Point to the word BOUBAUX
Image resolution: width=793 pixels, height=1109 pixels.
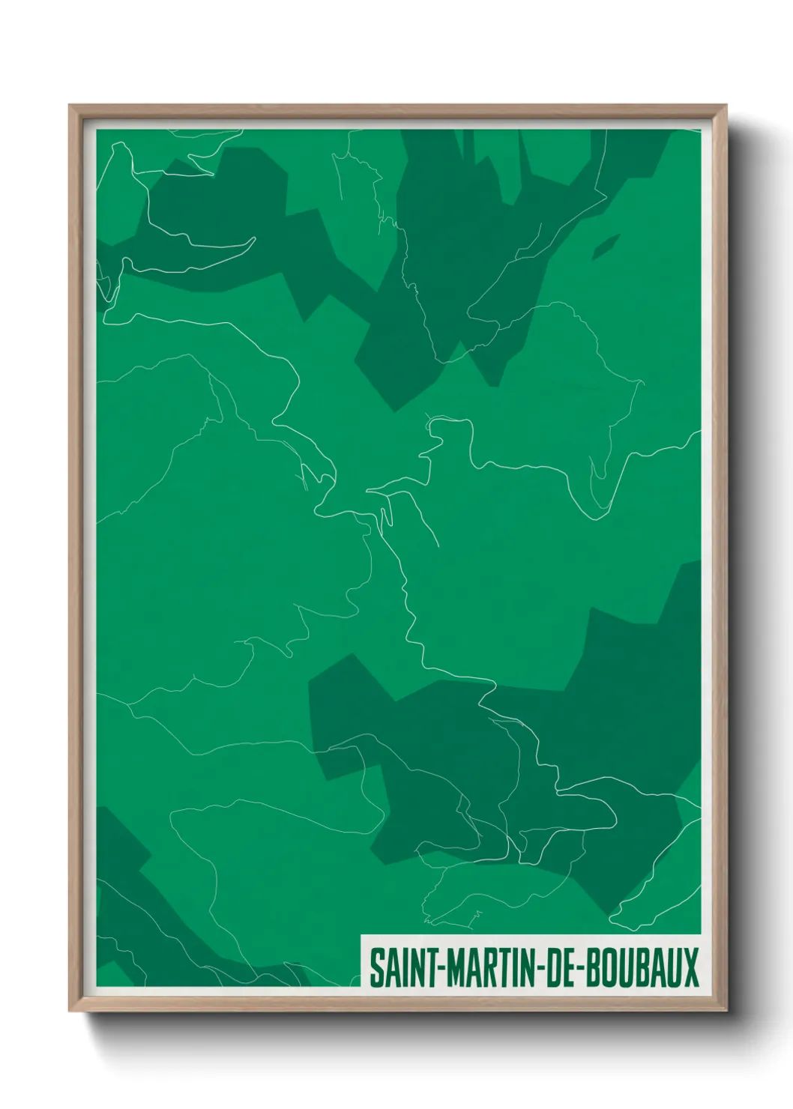coord(641,967)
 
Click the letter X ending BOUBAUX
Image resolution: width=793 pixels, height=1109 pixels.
coord(690,967)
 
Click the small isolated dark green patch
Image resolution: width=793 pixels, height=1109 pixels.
coord(606,247)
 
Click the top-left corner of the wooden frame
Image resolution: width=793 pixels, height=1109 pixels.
coord(70,106)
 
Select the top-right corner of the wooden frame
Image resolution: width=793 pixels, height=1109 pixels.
coord(726,106)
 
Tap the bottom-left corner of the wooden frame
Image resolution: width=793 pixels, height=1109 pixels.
coord(70,1011)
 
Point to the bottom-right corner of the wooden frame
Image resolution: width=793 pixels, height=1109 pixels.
coord(726,1011)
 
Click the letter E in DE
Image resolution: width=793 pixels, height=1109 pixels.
coord(567,967)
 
